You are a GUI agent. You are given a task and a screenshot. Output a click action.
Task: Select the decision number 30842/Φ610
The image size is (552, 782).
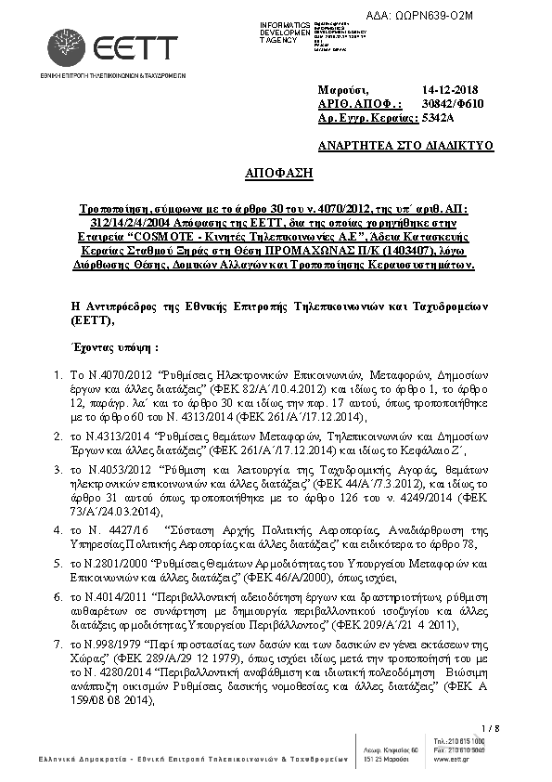pyautogui.click(x=450, y=103)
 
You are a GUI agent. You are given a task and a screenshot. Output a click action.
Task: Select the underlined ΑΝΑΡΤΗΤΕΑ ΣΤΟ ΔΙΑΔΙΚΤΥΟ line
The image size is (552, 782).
pyautogui.click(x=404, y=146)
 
